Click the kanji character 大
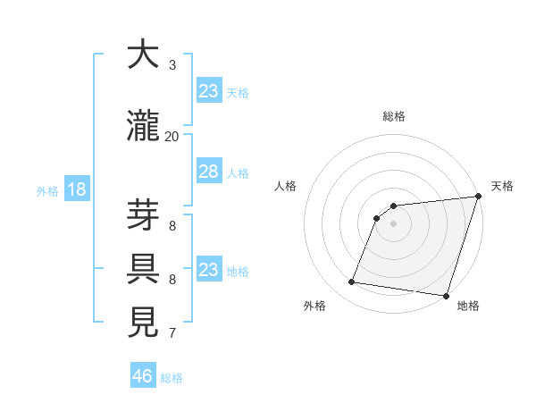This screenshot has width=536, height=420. point(143,55)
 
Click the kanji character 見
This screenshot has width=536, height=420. point(143,323)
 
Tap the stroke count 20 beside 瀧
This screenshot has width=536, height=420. point(172,136)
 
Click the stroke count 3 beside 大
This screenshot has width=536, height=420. point(172,65)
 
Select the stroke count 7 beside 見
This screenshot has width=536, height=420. point(172,333)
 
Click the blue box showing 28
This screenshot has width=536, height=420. point(209,172)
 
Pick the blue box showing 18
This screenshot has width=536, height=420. point(76,189)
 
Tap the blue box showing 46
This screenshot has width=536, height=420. point(143,376)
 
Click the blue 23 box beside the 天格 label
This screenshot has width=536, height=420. point(209,91)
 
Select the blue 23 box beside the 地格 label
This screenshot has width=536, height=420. point(209,270)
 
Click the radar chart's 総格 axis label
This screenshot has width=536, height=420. point(394,116)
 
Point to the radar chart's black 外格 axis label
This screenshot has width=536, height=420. point(314,306)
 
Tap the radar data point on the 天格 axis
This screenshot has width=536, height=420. point(478,197)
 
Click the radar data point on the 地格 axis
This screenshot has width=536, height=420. point(446,296)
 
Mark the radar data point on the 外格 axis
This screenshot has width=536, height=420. point(352,282)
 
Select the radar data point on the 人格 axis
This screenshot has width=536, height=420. point(377,218)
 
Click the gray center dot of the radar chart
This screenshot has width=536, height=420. point(394,223)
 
